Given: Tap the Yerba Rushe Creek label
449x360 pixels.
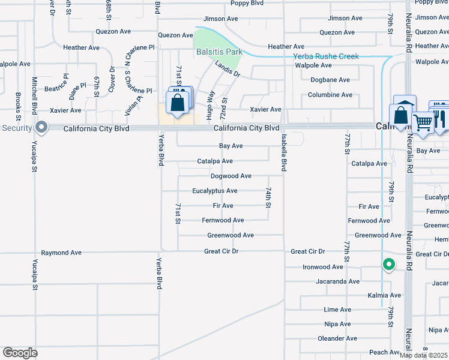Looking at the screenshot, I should click(325, 56).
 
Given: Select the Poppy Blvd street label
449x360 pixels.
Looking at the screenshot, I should click(247, 3).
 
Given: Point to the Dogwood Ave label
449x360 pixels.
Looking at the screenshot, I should click(231, 176).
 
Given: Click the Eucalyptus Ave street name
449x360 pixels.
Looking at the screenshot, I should click(215, 191).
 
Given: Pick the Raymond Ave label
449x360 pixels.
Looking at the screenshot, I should click(61, 253).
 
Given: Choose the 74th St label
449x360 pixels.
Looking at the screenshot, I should click(269, 196).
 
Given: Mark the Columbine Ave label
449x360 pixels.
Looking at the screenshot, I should click(330, 95).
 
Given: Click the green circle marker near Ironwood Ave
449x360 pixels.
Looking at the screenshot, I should click(388, 264).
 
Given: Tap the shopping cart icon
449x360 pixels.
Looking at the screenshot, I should click(423, 122).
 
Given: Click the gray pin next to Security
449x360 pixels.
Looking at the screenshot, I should click(41, 127).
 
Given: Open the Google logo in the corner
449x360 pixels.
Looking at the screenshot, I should click(20, 353).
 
